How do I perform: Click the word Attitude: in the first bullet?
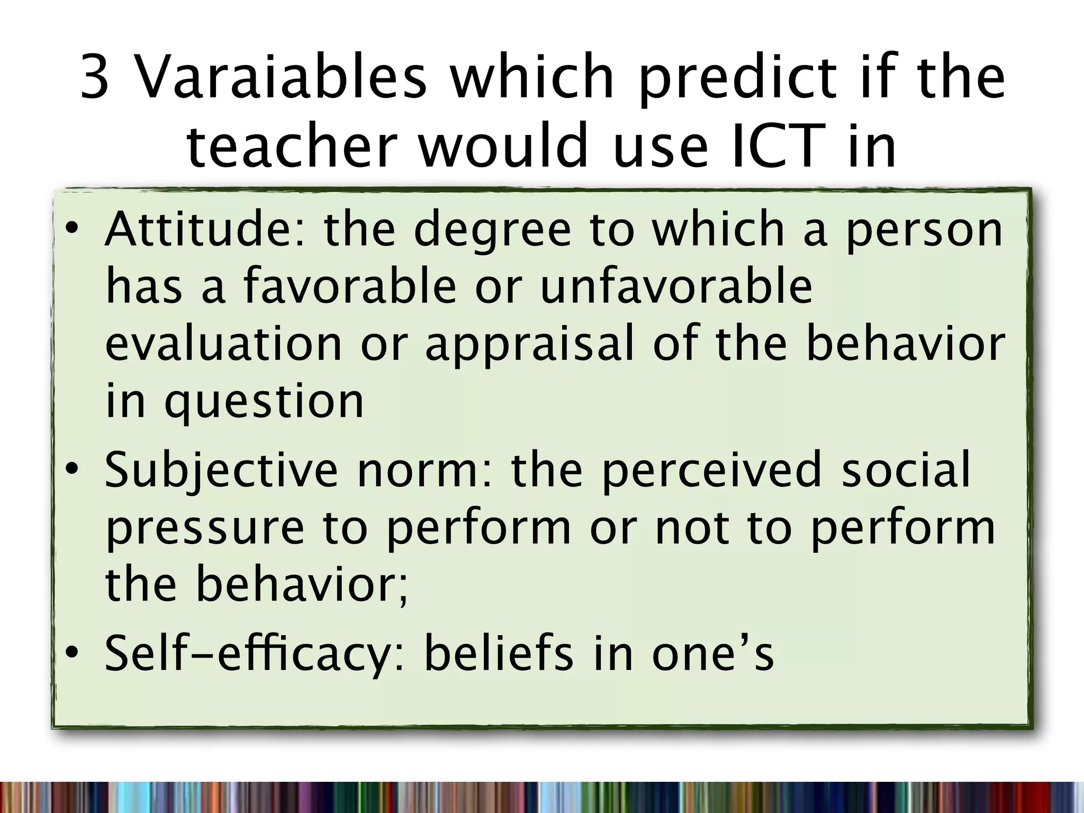pos(205,230)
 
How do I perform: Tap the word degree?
pos(492,231)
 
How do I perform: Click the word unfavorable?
pos(676,287)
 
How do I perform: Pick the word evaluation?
pos(224,344)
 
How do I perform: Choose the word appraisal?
pos(529,345)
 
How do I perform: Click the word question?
pos(264,402)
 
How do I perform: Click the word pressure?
pos(205,528)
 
